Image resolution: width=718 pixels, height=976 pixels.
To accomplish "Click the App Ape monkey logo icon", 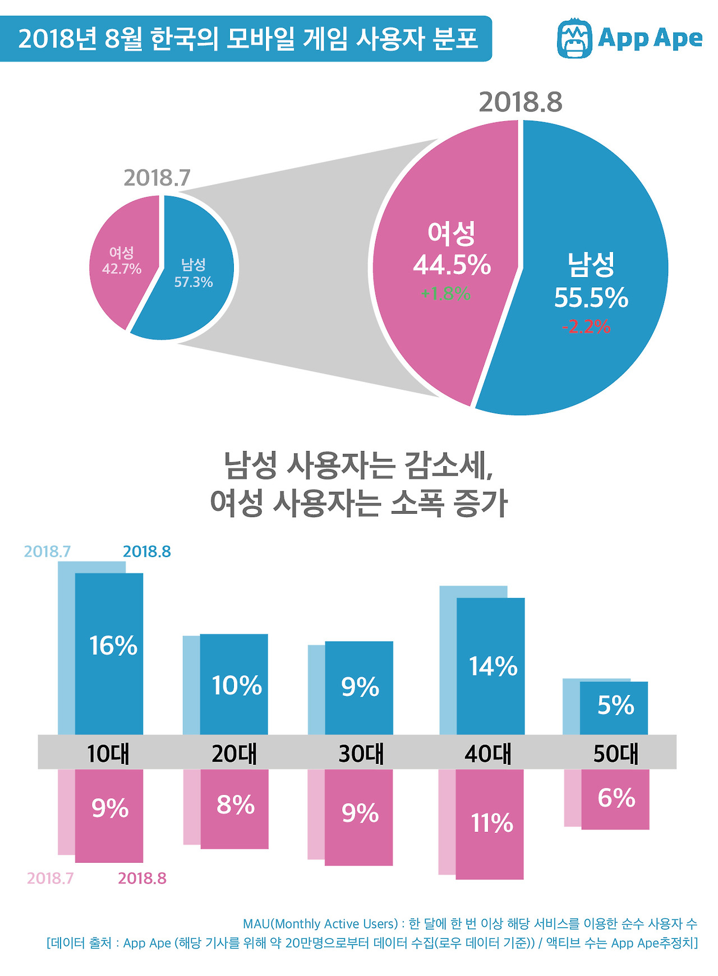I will pos(574,38).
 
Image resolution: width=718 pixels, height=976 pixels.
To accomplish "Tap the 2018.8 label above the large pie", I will pos(520,102).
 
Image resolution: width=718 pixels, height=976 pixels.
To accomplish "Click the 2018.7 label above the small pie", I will pos(157,178).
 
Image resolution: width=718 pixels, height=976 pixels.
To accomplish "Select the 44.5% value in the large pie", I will pos(452,265).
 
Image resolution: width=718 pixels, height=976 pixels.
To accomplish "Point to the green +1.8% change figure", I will pos(445,293).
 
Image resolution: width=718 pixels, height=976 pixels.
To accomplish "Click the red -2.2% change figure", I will pos(586,326).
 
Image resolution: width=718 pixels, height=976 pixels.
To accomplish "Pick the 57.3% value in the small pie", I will pos(193,282).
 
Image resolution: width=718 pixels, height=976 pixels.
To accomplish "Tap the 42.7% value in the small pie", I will pos(121,269).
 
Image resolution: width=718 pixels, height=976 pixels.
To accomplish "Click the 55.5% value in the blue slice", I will pos(591,297).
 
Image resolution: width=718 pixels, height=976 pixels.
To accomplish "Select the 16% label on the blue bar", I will pos(113,646).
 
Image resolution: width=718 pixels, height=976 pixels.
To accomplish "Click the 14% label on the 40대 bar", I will pos(493,666).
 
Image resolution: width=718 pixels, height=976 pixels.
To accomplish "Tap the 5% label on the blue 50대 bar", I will pos(615,705).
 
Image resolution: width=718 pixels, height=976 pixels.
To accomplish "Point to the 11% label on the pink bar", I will pos(491,823).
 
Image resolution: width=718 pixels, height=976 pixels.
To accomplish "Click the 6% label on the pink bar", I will pos(616,798).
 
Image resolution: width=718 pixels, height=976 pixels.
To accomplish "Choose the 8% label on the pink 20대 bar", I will pos(236,805).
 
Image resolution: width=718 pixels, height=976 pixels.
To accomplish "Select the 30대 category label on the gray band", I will pos(361,753).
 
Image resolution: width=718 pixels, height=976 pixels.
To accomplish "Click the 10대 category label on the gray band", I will pos(108,753).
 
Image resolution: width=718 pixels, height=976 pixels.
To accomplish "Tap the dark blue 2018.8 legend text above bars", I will pos(146,551).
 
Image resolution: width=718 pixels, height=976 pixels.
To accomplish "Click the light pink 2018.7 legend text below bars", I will pos(50,878).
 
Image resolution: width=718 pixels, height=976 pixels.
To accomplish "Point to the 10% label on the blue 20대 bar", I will pos(236,685).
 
